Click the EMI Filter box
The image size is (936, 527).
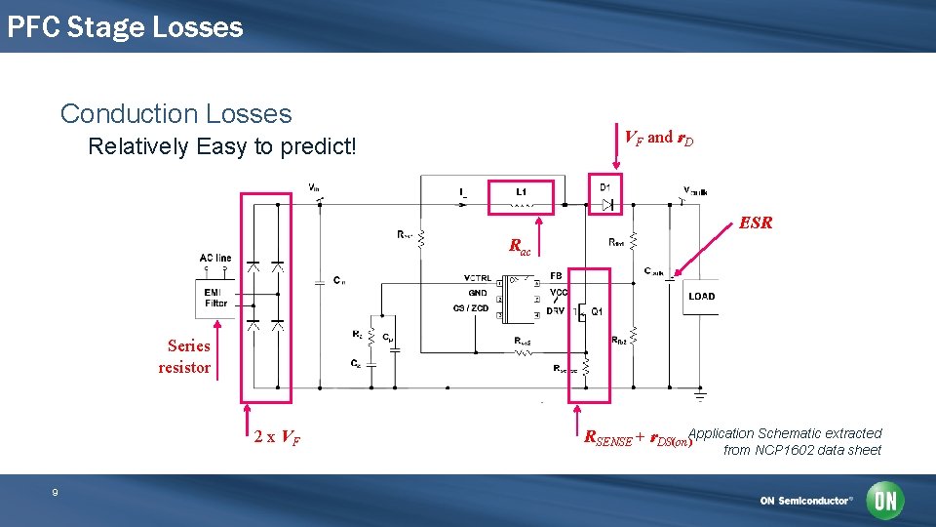coord(215,297)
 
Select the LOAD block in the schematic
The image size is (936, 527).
coord(701,296)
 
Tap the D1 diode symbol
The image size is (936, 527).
coord(607,204)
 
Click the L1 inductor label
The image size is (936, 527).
coord(522,191)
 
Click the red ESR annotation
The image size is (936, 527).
coord(756,223)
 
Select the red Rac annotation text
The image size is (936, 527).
coord(521,247)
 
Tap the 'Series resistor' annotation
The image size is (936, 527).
coord(186,356)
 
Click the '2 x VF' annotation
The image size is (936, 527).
coord(277,437)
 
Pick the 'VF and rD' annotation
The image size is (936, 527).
coord(659,138)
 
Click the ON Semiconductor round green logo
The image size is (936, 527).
coord(886,501)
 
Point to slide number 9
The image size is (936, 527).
coord(55,493)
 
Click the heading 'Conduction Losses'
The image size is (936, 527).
coord(175,113)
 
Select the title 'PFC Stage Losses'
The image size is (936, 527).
coord(125,26)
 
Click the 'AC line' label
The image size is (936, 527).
coord(215,259)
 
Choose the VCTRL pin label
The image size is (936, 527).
coord(478,278)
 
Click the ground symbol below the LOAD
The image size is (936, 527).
coord(700,395)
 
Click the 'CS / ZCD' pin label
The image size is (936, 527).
coord(472,307)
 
